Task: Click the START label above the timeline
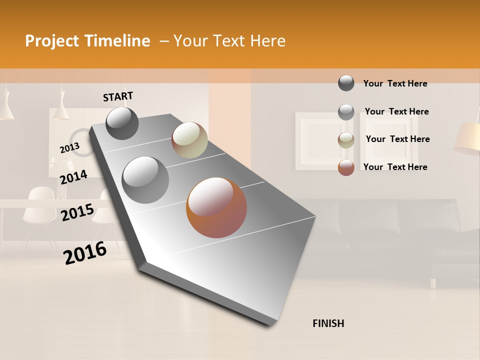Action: coord(118,96)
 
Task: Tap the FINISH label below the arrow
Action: coord(328,323)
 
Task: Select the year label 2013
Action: coord(69,148)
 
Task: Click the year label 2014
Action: coord(73,177)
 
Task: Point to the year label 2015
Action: coord(77,212)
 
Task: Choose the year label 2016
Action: coord(85,252)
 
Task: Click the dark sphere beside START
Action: coord(122,123)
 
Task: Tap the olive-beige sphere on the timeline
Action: coord(189,140)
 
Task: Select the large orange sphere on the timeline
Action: coord(216,207)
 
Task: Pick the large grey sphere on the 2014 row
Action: coord(145,179)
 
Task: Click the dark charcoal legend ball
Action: coord(346,83)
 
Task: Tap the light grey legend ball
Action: coord(346,112)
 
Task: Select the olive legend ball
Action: coord(346,140)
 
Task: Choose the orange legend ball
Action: coord(346,167)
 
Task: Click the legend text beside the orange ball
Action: coord(395,167)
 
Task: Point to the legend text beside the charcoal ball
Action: coord(395,83)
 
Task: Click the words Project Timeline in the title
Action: coord(87,41)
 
